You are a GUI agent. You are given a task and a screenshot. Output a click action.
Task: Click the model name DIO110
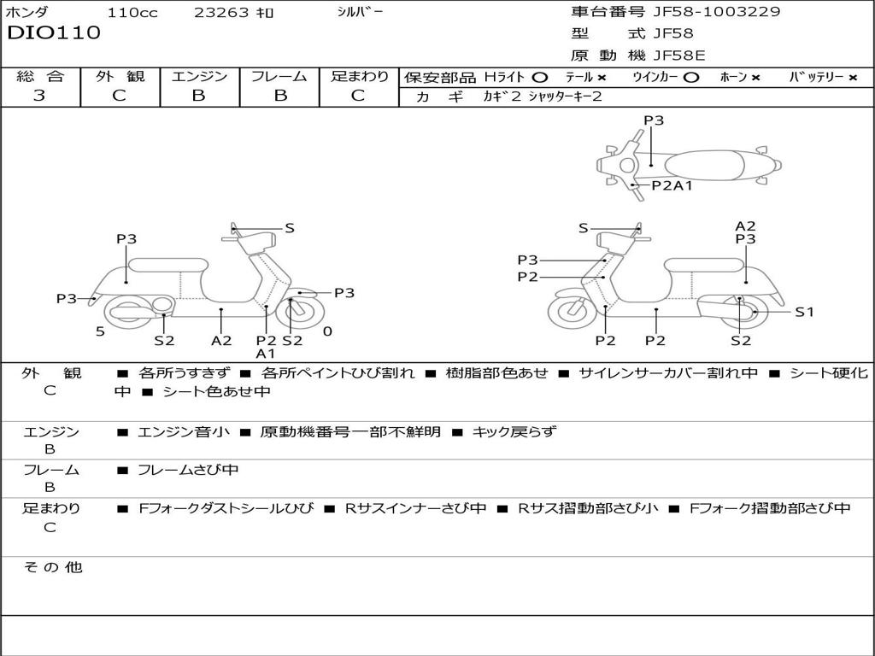point(54,33)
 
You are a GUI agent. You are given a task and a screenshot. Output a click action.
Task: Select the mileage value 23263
point(222,13)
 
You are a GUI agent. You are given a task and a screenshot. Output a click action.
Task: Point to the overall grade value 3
point(39,96)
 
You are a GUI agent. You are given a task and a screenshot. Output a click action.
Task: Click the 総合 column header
point(40,76)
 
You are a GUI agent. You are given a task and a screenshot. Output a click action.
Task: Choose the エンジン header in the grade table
point(199,76)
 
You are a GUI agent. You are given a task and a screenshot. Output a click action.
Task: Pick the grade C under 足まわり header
point(358,96)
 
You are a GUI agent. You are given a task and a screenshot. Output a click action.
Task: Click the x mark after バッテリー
point(852,78)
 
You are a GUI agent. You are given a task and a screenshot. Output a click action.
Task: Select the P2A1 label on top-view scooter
point(672,185)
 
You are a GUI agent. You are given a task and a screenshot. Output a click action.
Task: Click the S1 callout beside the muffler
point(804,312)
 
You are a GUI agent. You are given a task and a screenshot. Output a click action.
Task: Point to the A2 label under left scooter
point(221,340)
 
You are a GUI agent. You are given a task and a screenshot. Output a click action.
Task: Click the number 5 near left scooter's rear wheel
point(100,331)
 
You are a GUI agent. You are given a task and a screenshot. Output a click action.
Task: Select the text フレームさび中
point(188,470)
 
